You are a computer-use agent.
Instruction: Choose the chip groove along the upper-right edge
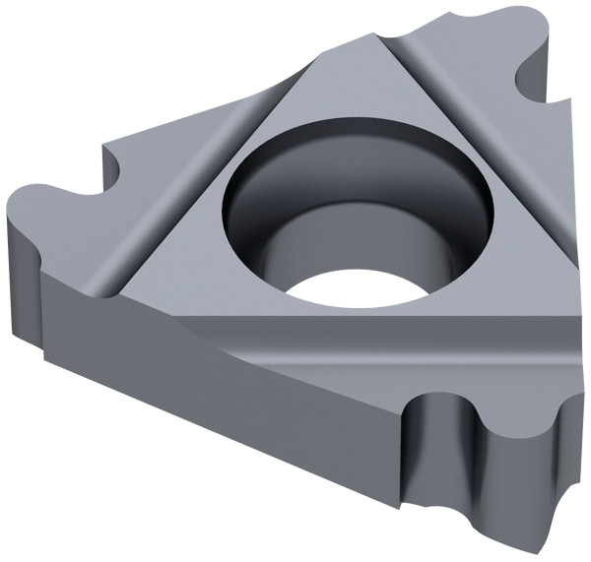473,148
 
